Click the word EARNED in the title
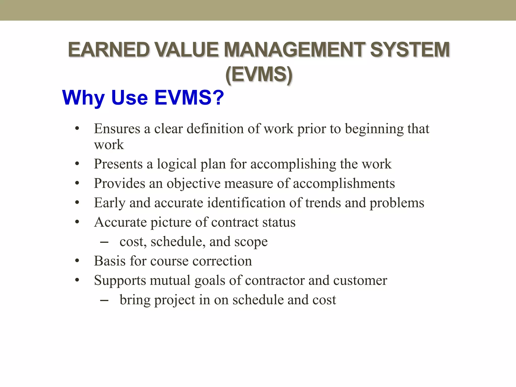[x=109, y=50]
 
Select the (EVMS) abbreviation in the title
[x=259, y=74]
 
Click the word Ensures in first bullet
[x=117, y=129]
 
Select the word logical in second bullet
[x=177, y=164]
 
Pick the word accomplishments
[x=344, y=183]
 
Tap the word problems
[x=397, y=203]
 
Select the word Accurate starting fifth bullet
[x=120, y=222]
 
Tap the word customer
[x=360, y=280]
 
